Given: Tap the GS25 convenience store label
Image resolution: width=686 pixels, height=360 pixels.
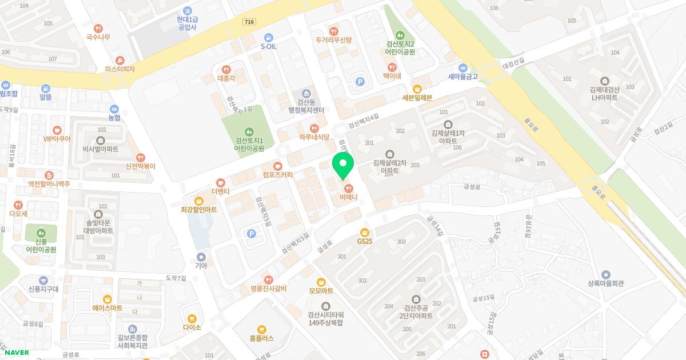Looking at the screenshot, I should click(x=364, y=241).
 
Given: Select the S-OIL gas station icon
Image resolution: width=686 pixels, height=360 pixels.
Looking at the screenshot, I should click(x=268, y=38).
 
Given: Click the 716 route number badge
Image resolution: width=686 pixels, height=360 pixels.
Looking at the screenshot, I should click(x=249, y=22).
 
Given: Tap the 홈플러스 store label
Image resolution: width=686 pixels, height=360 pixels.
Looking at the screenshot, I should click(x=261, y=338).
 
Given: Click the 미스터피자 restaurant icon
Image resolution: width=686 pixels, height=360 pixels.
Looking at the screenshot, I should click(x=120, y=60).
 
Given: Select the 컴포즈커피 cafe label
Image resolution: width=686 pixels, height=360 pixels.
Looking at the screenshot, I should click(x=278, y=175).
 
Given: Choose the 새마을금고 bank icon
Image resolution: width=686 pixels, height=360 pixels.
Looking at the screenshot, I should click(x=463, y=67).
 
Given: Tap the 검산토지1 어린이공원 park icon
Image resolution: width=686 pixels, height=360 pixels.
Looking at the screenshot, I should click(x=249, y=131).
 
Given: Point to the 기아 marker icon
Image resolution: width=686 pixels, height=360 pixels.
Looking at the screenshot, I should click(x=201, y=257).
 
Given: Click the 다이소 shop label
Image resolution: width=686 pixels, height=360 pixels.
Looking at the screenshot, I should click(x=192, y=327).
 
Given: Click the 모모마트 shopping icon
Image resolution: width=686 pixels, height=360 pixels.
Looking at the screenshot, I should click(x=321, y=282).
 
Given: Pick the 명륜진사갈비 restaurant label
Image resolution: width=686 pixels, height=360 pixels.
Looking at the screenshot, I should click(x=268, y=289).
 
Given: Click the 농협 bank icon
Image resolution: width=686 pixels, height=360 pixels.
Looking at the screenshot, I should click(x=114, y=109).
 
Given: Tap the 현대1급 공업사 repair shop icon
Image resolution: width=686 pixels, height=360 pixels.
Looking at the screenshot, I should click(x=187, y=11).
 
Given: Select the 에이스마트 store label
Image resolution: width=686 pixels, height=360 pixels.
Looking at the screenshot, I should click(x=107, y=307).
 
